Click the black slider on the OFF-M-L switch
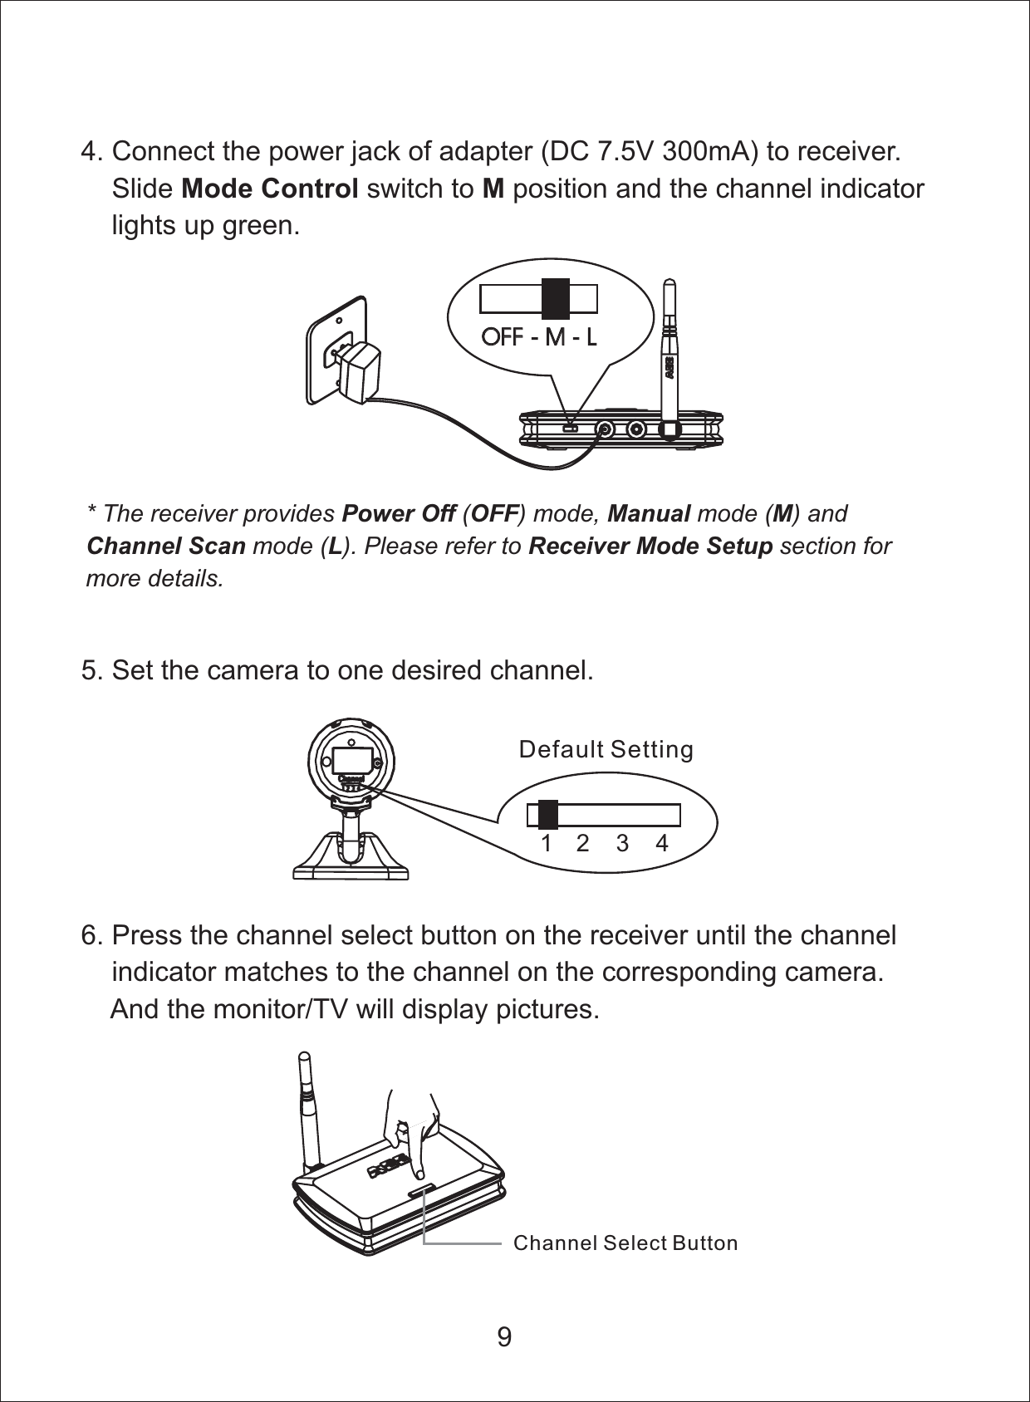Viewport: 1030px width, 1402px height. coord(555,298)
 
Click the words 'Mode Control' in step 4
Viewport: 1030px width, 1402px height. coord(270,189)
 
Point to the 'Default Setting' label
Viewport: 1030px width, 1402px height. coord(606,750)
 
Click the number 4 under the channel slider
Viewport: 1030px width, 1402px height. coord(661,844)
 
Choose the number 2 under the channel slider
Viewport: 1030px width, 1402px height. coord(582,844)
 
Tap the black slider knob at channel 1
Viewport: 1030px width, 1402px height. coord(547,815)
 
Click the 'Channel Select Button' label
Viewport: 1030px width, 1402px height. coord(625,1243)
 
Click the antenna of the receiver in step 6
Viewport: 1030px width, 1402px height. coord(309,1109)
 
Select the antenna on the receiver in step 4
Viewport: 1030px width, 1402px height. coord(669,349)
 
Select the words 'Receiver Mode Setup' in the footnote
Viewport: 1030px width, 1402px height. coord(650,547)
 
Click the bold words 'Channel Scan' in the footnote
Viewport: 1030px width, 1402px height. coord(166,547)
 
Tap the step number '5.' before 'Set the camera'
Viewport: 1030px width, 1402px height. coord(92,669)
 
